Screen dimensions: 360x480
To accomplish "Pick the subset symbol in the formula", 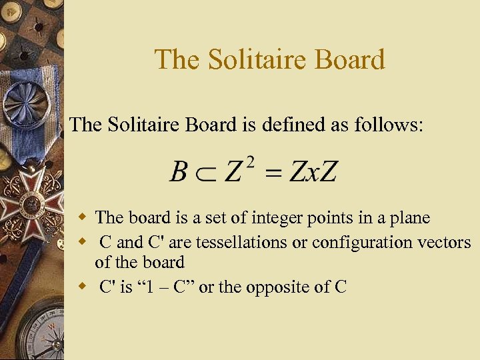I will pyautogui.click(x=204, y=173).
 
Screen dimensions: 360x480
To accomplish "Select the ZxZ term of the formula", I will pyautogui.click(x=313, y=171).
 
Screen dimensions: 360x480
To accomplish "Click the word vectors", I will pyautogui.click(x=449, y=243).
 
